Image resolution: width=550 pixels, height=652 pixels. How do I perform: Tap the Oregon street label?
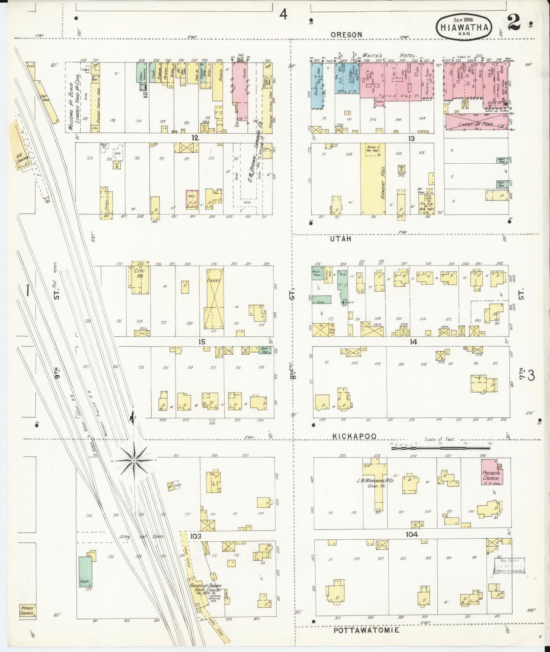click(x=346, y=34)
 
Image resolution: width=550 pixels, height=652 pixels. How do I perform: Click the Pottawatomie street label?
click(x=366, y=630)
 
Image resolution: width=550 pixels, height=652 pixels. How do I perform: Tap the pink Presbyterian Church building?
click(x=492, y=472)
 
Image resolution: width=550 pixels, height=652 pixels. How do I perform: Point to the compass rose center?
click(x=134, y=461)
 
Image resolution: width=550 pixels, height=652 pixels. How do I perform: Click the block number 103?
click(x=196, y=536)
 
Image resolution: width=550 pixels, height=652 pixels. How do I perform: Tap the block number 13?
click(x=411, y=139)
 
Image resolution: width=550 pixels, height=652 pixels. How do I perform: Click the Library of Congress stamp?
click(x=509, y=565)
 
